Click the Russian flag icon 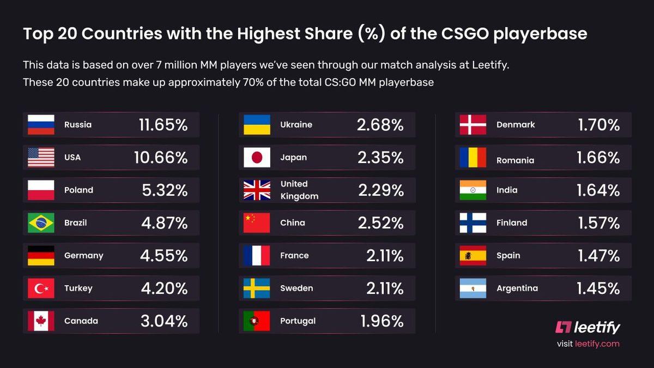tap(41, 125)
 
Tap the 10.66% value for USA tap(161, 158)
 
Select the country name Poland tap(78, 190)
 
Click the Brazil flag tap(41, 223)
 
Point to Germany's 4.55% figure tap(164, 256)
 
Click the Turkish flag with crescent tap(41, 288)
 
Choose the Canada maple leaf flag tap(41, 321)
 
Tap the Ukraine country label tap(296, 125)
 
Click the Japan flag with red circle tap(257, 158)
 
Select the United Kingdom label tap(299, 190)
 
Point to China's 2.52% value tap(380, 223)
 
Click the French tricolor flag tap(257, 256)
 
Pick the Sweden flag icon tap(257, 288)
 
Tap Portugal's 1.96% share tap(381, 321)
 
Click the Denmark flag tap(473, 125)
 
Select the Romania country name tap(515, 160)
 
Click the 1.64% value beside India tap(598, 190)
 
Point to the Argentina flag tap(473, 288)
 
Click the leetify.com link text tap(597, 344)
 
